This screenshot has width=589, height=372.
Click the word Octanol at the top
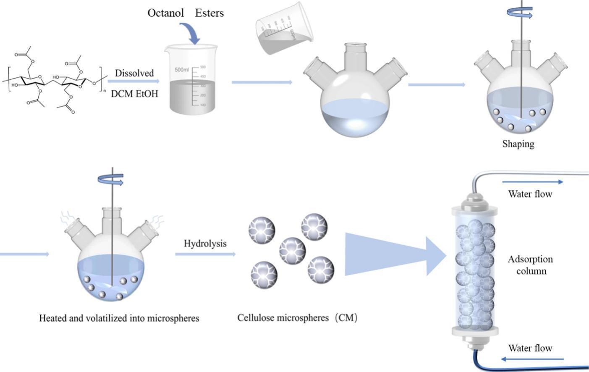point(165,13)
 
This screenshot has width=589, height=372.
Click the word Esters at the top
point(209,13)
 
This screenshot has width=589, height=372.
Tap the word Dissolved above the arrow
point(134,73)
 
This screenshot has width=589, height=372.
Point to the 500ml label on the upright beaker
point(182,70)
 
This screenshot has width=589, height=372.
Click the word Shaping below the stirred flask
point(518,144)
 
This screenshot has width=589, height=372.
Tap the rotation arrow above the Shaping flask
point(521,14)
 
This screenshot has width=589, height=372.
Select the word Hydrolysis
point(205,244)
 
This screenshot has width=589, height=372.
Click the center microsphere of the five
point(292,250)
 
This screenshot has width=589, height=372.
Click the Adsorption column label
point(530,265)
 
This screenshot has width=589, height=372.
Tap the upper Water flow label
point(530,194)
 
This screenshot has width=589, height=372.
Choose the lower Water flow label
point(530,348)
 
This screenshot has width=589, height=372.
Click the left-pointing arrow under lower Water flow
point(532,359)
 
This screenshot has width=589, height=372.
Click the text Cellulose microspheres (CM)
point(297,318)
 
